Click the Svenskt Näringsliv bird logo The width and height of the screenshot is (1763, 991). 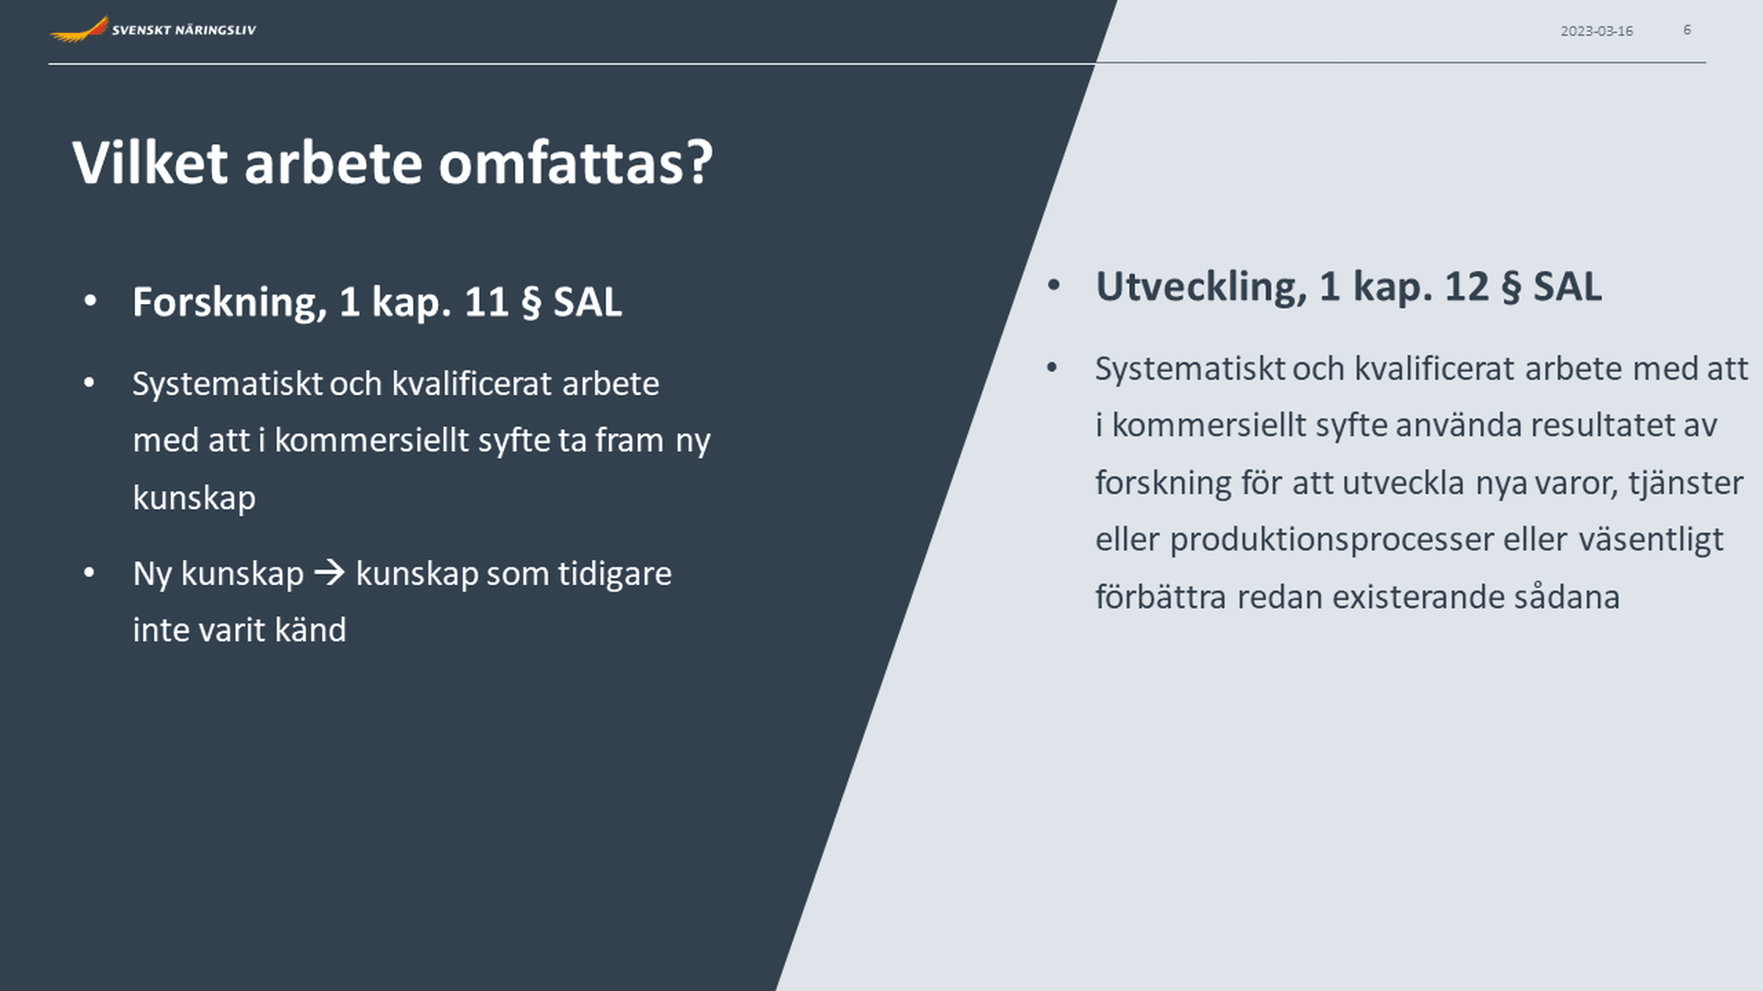click(79, 29)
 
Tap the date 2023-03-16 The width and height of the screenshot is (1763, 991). click(1597, 31)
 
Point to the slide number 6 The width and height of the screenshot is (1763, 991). click(1687, 30)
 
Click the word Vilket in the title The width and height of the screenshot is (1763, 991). click(150, 163)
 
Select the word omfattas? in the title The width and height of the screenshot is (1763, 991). click(576, 163)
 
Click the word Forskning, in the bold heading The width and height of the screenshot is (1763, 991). click(230, 303)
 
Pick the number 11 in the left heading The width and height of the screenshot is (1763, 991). click(487, 302)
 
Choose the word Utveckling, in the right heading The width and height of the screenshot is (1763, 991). click(1201, 287)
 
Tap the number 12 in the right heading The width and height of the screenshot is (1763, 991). click(1466, 287)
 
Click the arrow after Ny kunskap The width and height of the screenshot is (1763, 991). click(330, 573)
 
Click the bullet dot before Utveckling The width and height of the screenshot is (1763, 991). click(1053, 286)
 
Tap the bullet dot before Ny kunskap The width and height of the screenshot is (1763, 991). click(89, 573)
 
